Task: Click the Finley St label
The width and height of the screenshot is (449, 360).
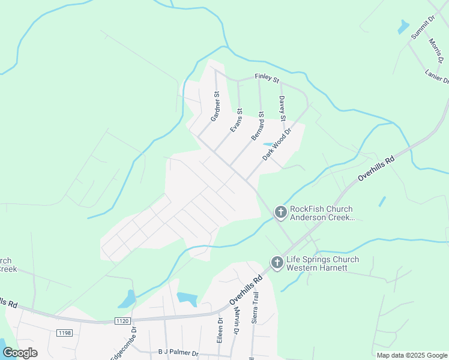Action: (267, 77)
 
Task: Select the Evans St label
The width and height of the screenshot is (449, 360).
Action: (236, 121)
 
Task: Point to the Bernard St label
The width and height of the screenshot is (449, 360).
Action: (258, 126)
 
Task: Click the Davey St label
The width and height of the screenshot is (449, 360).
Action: (282, 109)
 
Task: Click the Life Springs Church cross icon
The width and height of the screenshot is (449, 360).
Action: (277, 263)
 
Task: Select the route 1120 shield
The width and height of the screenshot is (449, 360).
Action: (122, 321)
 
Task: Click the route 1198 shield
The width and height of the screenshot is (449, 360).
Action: (64, 332)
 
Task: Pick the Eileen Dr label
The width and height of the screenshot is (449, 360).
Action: (220, 331)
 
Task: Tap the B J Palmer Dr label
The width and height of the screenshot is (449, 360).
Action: (178, 353)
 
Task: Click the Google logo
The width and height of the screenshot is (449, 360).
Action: (20, 353)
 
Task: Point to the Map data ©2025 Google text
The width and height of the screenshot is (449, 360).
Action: (411, 355)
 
